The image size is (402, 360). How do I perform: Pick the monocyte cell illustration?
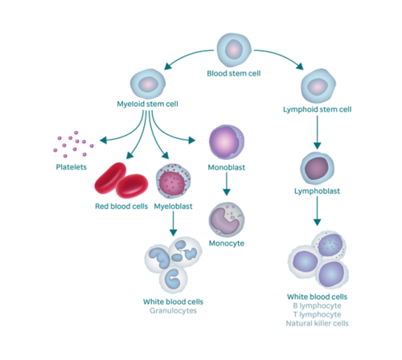coord(226,219)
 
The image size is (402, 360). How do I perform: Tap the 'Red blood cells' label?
coord(120,207)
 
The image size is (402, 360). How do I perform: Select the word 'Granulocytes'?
coord(173,310)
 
